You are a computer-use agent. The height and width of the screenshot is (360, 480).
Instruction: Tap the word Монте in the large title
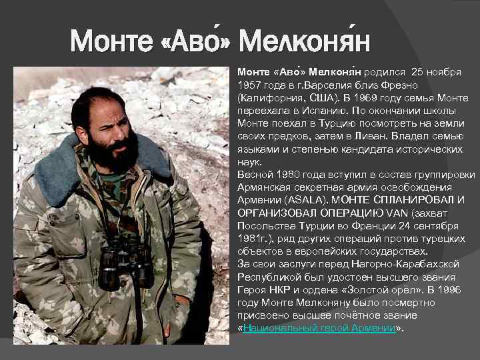112,43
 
